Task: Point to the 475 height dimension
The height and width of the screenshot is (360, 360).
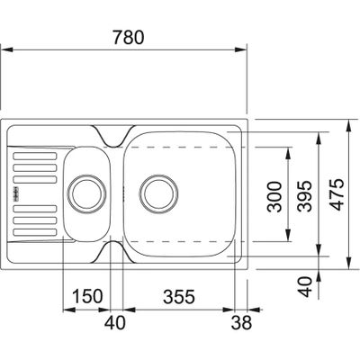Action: click(x=336, y=193)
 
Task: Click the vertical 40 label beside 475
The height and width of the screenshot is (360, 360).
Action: click(x=306, y=285)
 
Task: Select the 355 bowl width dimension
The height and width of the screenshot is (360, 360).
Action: click(x=178, y=296)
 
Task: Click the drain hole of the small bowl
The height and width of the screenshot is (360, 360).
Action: click(x=87, y=192)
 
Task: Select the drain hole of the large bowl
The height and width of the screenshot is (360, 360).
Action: click(x=157, y=192)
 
